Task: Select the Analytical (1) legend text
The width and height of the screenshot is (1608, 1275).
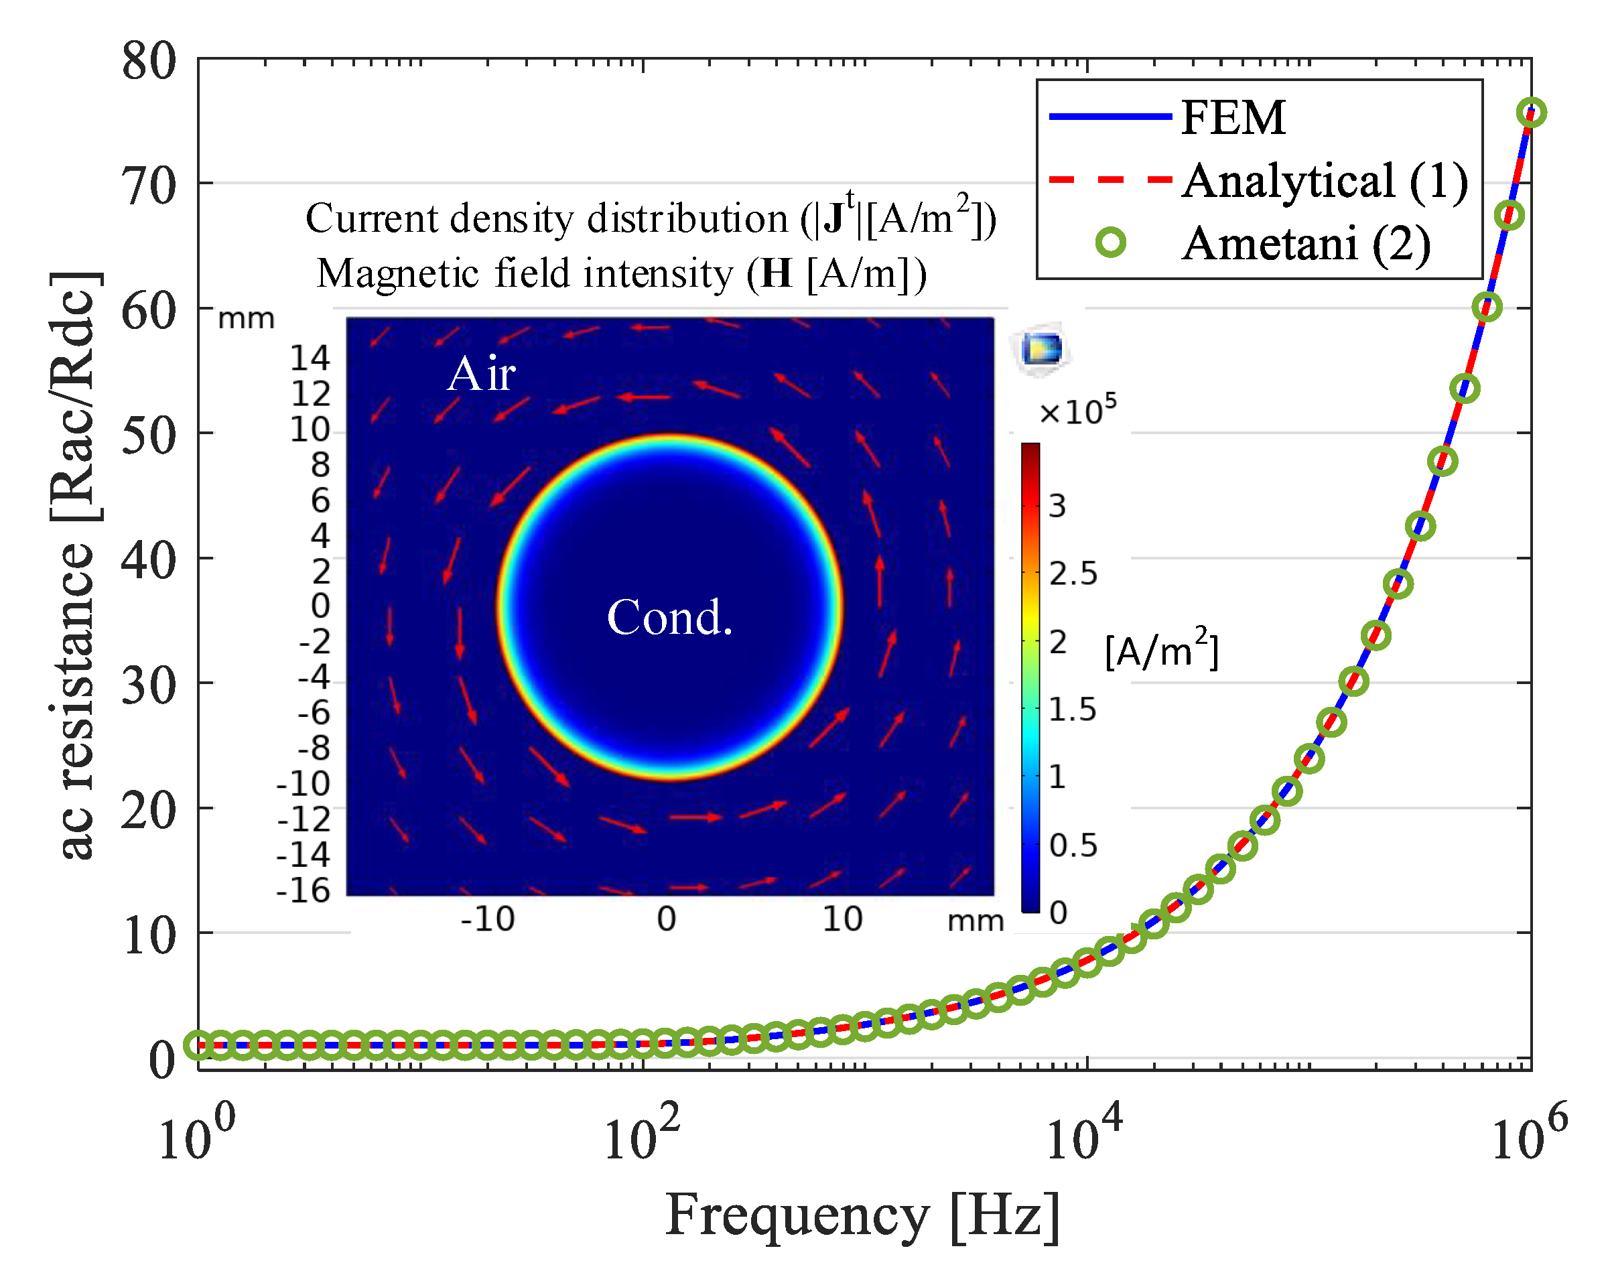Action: [x=1325, y=181]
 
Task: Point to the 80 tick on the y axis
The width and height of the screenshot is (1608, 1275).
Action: [x=149, y=61]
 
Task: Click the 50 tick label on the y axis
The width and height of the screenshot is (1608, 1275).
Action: [x=149, y=435]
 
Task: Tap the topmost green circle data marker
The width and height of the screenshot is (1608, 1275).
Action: [x=1531, y=113]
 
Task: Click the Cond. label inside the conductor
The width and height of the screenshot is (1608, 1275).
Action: [x=669, y=618]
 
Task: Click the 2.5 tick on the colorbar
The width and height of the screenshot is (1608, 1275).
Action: [x=1073, y=574]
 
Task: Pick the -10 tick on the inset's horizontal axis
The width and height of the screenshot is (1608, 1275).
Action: [x=487, y=919]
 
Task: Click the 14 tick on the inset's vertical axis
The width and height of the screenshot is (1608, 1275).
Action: [x=310, y=358]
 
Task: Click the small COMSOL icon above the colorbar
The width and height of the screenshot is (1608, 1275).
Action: [x=1041, y=350]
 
